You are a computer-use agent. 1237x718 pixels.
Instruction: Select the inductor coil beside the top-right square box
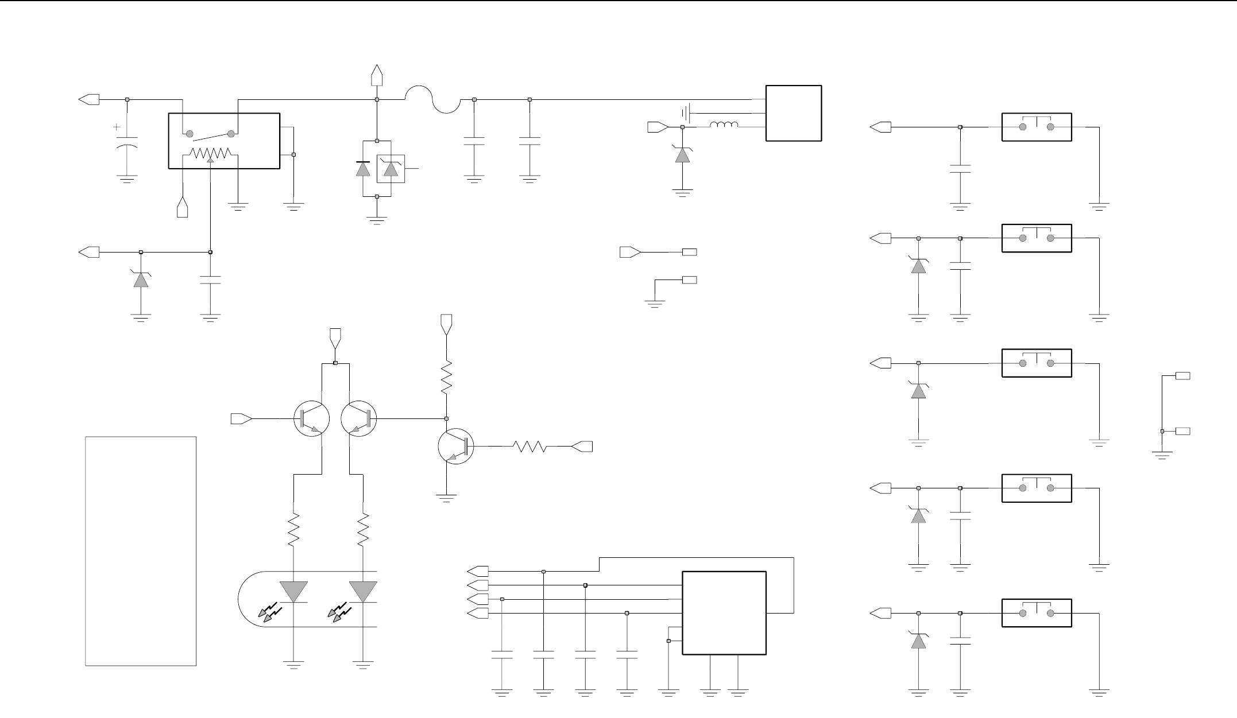pyautogui.click(x=724, y=126)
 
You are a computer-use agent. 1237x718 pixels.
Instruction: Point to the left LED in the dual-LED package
pyautogui.click(x=294, y=592)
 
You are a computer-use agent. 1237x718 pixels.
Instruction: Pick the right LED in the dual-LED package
pyautogui.click(x=363, y=592)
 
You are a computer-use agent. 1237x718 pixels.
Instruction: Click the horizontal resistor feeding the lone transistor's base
pyautogui.click(x=532, y=447)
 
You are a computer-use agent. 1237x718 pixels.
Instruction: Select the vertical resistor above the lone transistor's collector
pyautogui.click(x=446, y=377)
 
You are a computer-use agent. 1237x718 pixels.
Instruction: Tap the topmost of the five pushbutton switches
pyautogui.click(x=1037, y=127)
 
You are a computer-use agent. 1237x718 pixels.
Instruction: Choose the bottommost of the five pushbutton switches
pyautogui.click(x=1037, y=613)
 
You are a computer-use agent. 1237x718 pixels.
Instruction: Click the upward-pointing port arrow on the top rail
pyautogui.click(x=377, y=75)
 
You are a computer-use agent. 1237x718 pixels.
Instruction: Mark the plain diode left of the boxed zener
pyautogui.click(x=363, y=169)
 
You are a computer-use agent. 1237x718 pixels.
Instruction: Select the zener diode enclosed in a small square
pyautogui.click(x=391, y=169)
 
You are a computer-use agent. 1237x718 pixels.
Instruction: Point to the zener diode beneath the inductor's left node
pyautogui.click(x=682, y=154)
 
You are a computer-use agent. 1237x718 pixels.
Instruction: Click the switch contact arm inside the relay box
pyautogui.click(x=210, y=134)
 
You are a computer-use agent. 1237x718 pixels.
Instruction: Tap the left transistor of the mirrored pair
pyautogui.click(x=311, y=419)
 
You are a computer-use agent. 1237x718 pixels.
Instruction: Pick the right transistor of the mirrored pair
pyautogui.click(x=359, y=419)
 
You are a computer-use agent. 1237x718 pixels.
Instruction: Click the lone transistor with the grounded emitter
pyautogui.click(x=455, y=447)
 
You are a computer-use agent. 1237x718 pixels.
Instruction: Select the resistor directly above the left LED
pyautogui.click(x=294, y=530)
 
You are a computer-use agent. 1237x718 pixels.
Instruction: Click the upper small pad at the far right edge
pyautogui.click(x=1183, y=376)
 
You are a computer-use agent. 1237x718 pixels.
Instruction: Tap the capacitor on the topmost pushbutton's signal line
pyautogui.click(x=960, y=169)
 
